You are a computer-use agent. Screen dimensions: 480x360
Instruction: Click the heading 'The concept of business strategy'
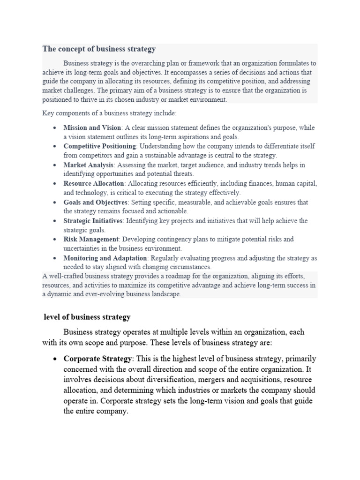tap(99, 49)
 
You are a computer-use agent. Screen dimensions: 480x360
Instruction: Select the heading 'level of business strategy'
tap(87, 317)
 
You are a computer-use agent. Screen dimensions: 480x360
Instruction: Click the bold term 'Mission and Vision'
tap(92, 127)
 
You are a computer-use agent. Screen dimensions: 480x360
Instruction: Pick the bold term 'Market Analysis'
tap(88, 165)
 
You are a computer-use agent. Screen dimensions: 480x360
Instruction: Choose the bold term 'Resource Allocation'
tap(94, 183)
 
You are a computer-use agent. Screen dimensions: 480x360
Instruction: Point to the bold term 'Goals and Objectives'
tap(96, 202)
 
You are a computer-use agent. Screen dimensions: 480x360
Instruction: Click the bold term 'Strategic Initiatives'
tap(93, 221)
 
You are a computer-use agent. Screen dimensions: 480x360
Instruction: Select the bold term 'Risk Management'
tap(91, 239)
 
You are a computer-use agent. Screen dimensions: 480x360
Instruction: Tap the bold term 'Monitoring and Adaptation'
tap(105, 258)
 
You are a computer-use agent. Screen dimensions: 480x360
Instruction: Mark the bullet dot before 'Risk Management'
tap(55, 240)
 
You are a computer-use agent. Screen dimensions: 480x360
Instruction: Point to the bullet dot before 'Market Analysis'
tap(55, 165)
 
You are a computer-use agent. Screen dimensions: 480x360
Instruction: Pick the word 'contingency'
tap(168, 239)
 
